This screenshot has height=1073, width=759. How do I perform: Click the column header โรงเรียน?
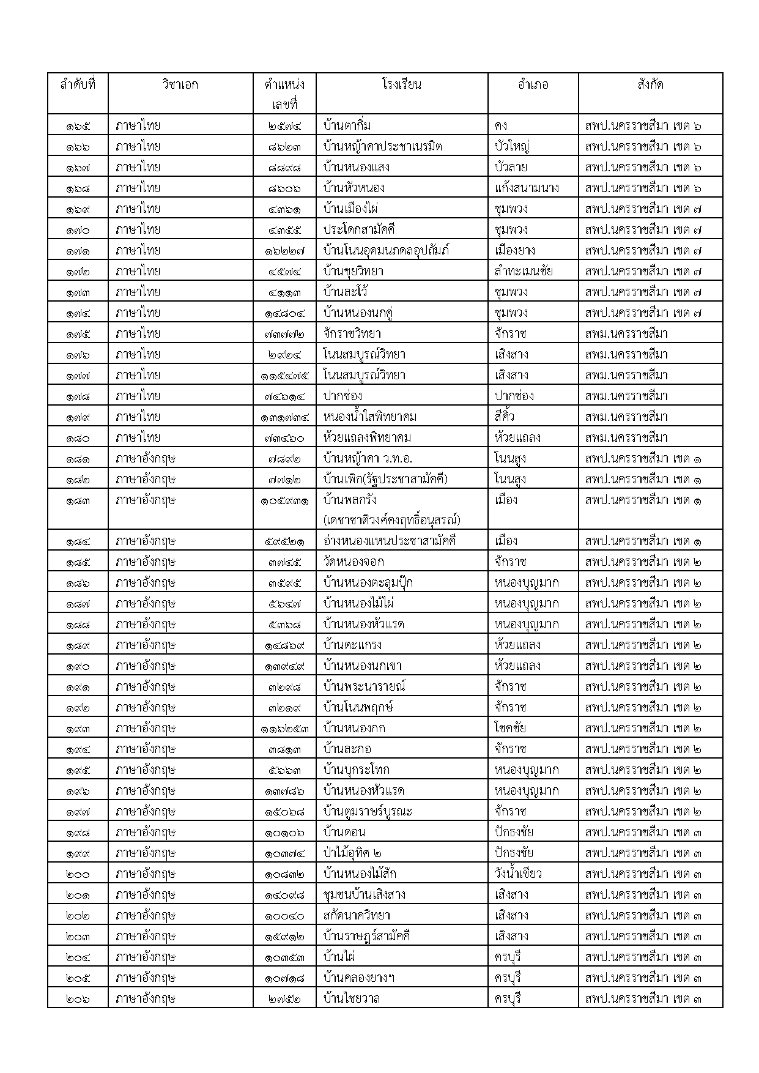[401, 84]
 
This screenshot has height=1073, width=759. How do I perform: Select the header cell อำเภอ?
[533, 84]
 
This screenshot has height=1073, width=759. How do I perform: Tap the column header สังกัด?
[650, 84]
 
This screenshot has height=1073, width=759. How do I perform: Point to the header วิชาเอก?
[180, 84]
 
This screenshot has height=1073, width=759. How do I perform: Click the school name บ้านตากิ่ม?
[347, 125]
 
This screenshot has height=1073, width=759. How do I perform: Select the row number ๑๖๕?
[78, 126]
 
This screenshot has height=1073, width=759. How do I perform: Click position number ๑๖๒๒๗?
[285, 251]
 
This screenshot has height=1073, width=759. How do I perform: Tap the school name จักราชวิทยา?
[352, 333]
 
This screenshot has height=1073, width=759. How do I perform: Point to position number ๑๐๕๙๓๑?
[285, 500]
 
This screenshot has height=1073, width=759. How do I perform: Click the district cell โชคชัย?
[510, 728]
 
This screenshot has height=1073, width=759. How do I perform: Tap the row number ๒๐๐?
[78, 874]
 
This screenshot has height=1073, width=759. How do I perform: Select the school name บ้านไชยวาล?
[352, 998]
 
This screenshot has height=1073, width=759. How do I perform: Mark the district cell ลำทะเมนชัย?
[524, 271]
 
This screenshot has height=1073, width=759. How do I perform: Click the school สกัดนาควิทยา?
[357, 915]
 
